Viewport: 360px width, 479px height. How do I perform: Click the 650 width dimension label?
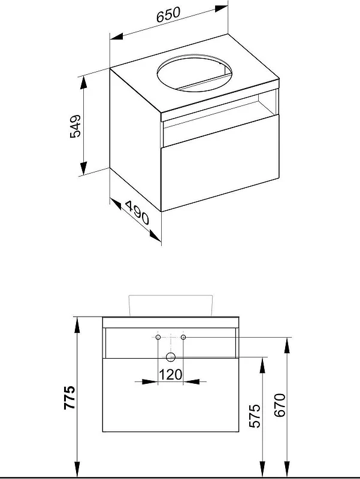tap(168, 15)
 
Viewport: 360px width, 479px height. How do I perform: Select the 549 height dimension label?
tap(75, 126)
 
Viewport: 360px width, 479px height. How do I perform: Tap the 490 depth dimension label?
tap(137, 213)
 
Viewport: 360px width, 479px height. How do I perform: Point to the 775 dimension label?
tap(69, 398)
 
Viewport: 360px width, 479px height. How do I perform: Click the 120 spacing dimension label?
tap(171, 375)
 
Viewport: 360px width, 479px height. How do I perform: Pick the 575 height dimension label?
tap(255, 416)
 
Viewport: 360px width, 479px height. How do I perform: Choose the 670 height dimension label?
tap(280, 405)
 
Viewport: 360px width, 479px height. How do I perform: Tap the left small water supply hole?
tap(158, 337)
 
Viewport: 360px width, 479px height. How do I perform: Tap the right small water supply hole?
tap(183, 337)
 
